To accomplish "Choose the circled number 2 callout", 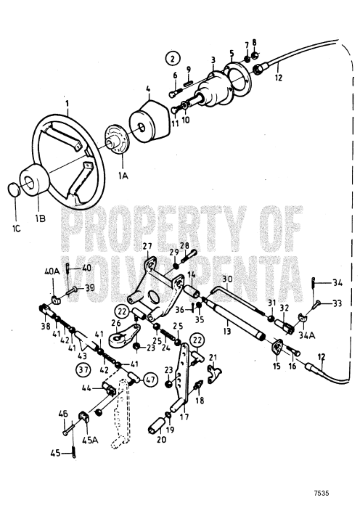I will point(172,58).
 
